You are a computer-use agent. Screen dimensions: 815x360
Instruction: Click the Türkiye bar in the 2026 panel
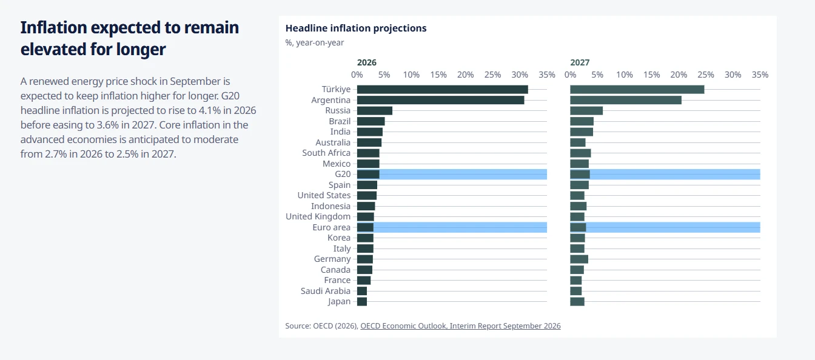point(443,90)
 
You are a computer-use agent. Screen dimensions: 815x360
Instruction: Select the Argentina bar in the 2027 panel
point(626,100)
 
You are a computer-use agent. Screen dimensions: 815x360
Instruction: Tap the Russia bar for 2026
point(375,110)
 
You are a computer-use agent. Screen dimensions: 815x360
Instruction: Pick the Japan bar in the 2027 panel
point(577,301)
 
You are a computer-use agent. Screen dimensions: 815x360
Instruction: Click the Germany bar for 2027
point(579,259)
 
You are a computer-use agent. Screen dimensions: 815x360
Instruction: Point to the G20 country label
point(343,174)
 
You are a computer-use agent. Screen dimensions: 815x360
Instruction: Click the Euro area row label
point(332,227)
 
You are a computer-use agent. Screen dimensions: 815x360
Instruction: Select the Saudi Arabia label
point(326,291)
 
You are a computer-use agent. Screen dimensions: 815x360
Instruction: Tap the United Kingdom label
point(318,217)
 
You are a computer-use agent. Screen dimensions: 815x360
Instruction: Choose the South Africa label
point(326,153)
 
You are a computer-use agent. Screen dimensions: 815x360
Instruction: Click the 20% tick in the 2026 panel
point(466,75)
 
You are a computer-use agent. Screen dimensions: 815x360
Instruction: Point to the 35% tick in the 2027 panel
point(760,75)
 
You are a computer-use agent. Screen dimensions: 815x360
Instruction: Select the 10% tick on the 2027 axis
point(625,75)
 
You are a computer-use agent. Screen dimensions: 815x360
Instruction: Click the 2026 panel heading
point(367,62)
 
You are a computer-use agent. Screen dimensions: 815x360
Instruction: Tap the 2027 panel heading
point(580,62)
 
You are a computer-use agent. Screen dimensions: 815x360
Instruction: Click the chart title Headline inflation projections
point(356,28)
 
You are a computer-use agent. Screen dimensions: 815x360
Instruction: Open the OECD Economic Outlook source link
point(461,326)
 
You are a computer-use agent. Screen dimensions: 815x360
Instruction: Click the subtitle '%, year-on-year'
point(315,42)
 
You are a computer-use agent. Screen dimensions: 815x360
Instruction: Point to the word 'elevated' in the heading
point(53,50)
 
